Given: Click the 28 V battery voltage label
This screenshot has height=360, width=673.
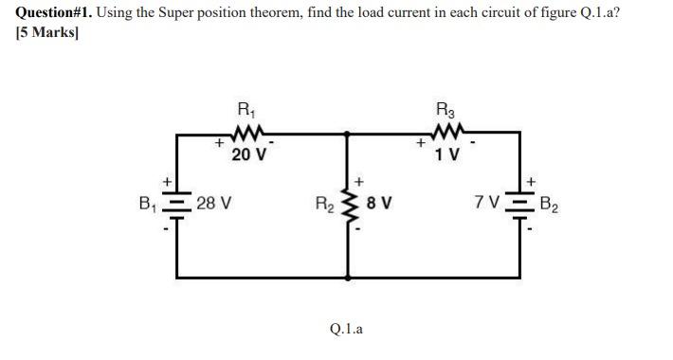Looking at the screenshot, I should pyautogui.click(x=216, y=203).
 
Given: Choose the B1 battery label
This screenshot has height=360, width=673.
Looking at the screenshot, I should pyautogui.click(x=148, y=202).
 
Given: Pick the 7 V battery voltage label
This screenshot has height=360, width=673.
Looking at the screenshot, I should pyautogui.click(x=489, y=203).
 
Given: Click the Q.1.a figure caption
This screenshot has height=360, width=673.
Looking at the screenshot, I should pyautogui.click(x=347, y=330).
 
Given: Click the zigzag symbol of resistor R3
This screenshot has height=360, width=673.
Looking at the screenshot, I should pyautogui.click(x=444, y=133).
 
